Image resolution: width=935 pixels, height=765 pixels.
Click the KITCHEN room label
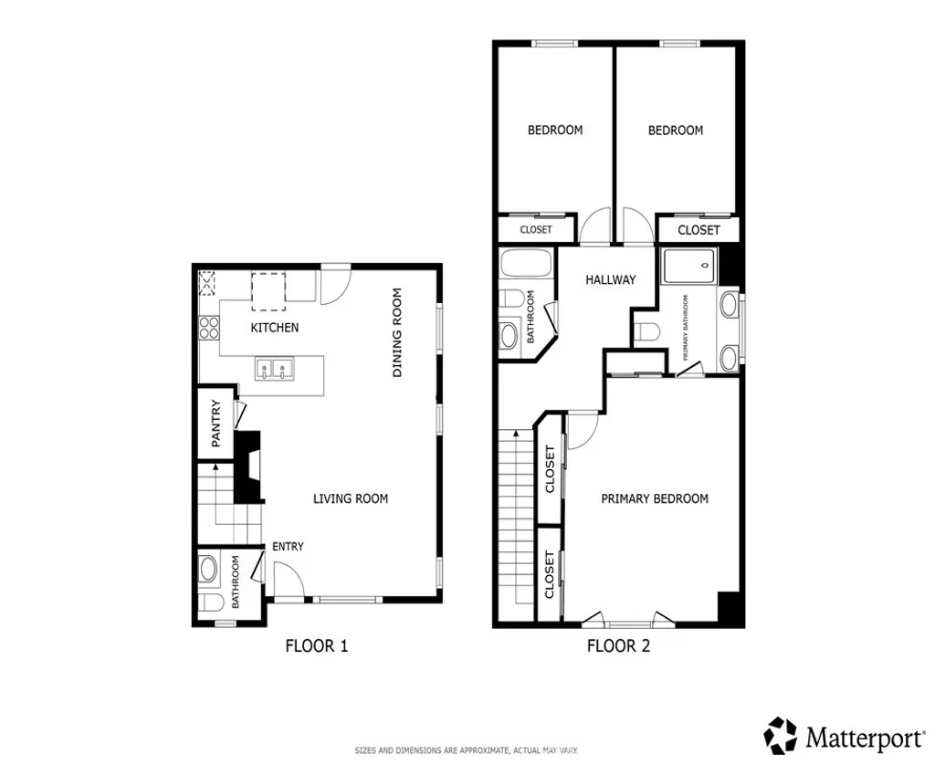click(274, 328)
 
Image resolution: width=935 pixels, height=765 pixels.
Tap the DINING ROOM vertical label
click(397, 333)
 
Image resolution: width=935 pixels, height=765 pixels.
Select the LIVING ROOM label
click(351, 498)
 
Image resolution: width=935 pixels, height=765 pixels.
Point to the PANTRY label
click(216, 424)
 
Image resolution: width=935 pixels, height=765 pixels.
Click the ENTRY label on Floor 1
click(288, 547)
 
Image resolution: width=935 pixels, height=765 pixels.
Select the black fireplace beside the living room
click(248, 466)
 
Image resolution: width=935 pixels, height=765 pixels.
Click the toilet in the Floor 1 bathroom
click(210, 603)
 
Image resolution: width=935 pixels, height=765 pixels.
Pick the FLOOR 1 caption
click(317, 646)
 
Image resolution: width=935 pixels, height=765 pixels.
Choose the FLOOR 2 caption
click(618, 646)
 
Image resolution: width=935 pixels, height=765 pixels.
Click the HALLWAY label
click(610, 279)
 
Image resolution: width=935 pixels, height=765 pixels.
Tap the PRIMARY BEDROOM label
click(655, 498)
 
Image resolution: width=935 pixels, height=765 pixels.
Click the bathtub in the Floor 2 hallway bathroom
click(526, 266)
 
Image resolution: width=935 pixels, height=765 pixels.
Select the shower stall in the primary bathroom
click(690, 267)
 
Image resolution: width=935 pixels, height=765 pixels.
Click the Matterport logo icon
click(781, 735)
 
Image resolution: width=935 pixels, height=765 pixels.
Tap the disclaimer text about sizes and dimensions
click(467, 750)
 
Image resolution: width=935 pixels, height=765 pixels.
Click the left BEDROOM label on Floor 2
click(555, 131)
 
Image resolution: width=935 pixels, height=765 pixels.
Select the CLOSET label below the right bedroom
click(699, 230)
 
